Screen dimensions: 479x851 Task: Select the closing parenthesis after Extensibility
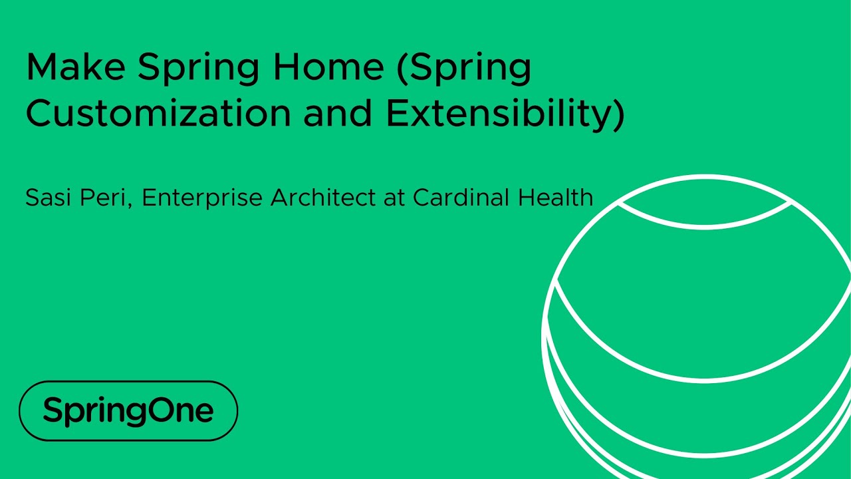coord(618,114)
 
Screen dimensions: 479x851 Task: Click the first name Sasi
coord(48,197)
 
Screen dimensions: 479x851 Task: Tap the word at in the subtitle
coord(393,198)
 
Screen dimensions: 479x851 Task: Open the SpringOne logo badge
coord(128,411)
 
